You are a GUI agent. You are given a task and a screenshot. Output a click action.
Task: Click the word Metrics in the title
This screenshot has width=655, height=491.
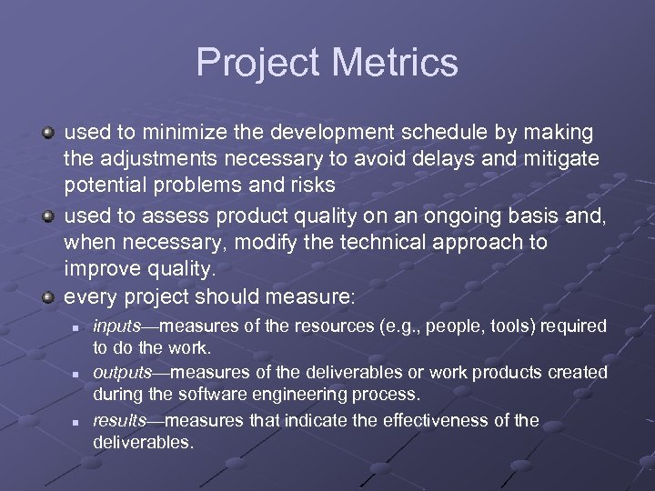pyautogui.click(x=397, y=63)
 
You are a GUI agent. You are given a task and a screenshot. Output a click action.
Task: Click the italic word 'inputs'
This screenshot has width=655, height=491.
pyautogui.click(x=116, y=326)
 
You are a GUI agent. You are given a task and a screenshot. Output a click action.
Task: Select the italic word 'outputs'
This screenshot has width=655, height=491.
pyautogui.click(x=122, y=373)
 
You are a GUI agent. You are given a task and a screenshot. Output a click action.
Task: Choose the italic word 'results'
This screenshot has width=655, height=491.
pyautogui.click(x=118, y=420)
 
